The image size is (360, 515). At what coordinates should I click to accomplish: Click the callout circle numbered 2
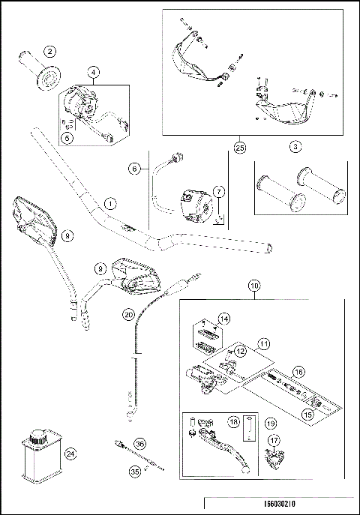(x=49, y=51)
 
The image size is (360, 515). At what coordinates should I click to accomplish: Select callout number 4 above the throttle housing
(x=94, y=72)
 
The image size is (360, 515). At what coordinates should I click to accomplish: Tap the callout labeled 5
(x=67, y=136)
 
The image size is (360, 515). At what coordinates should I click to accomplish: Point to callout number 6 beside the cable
(x=135, y=169)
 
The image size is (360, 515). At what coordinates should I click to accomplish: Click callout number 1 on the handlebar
(x=109, y=203)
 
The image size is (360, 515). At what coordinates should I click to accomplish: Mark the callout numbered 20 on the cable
(x=128, y=314)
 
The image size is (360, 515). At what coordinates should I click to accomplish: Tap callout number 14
(x=223, y=319)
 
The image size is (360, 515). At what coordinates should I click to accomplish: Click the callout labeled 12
(x=239, y=350)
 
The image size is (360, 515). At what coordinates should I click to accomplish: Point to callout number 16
(x=298, y=372)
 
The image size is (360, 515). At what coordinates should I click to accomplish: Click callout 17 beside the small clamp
(x=275, y=441)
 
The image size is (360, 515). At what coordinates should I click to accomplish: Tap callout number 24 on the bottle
(x=70, y=453)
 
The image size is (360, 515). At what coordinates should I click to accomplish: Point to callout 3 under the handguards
(x=296, y=147)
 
